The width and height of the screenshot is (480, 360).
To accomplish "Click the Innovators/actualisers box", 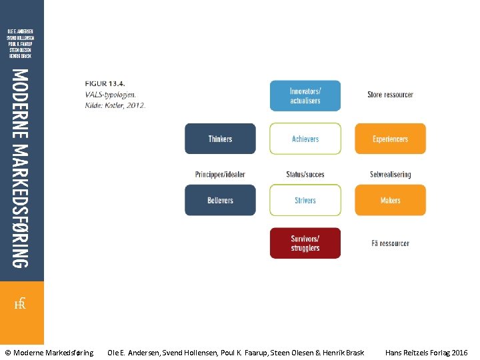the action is point(305,95).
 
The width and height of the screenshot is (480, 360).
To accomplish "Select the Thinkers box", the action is point(220,139).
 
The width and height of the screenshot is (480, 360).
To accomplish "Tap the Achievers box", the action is point(305,139).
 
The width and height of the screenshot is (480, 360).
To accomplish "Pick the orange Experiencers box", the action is point(390,139).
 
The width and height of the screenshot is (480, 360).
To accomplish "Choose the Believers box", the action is point(220,200).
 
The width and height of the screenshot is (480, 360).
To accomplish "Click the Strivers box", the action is point(305,200).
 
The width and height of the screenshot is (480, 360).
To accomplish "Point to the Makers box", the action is point(390,200).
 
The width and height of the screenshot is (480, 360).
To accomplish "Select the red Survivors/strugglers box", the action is point(305,243).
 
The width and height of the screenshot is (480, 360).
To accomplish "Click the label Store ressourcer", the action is point(390,95).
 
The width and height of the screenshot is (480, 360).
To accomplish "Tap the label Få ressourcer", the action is point(390,243).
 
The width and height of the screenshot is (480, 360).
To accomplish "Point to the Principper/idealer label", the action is point(220,175).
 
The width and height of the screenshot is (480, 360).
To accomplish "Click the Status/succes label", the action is point(305,175).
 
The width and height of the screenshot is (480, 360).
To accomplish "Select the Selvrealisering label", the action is point(390,175).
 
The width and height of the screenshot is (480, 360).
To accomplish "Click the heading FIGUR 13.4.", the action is point(105,83).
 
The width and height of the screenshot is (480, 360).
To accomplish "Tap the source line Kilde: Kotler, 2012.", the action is point(115,105).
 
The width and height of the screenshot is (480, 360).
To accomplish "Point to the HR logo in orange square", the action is point(21,305).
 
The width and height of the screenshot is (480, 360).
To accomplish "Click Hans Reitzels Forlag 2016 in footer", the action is point(426,352).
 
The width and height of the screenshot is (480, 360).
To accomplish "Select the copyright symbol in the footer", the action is point(8,352).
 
